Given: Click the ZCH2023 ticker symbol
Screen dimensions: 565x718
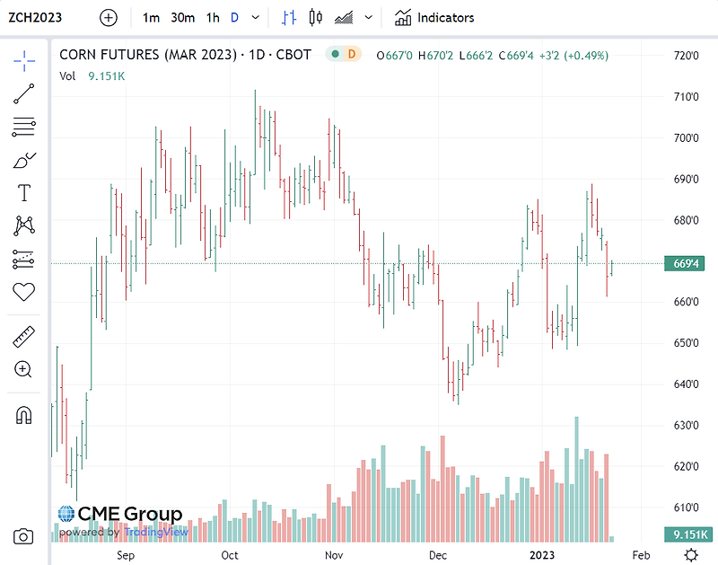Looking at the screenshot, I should click(x=36, y=17).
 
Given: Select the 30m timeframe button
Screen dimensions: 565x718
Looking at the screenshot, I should click(x=182, y=17).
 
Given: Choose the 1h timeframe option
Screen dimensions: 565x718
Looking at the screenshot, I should click(x=213, y=17).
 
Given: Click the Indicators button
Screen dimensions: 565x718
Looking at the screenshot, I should click(x=434, y=17).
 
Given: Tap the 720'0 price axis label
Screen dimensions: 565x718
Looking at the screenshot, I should click(x=687, y=56).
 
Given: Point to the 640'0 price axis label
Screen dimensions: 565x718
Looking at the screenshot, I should click(x=687, y=384).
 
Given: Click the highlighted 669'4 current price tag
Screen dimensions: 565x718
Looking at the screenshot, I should click(x=687, y=263).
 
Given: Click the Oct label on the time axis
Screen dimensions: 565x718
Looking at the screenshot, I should click(x=230, y=555).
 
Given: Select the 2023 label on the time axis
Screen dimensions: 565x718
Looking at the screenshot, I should click(x=541, y=555).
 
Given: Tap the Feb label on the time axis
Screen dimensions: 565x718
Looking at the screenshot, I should click(x=641, y=555).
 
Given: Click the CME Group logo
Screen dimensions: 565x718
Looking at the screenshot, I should click(x=120, y=515).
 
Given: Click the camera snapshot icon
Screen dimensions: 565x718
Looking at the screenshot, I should click(x=24, y=536).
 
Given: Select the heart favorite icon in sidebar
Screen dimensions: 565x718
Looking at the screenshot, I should click(x=24, y=292).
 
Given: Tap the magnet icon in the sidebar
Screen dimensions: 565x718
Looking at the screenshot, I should click(x=24, y=415).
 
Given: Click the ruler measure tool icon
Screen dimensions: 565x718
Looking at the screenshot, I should click(x=24, y=338).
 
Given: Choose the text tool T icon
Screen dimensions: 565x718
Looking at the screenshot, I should click(x=24, y=193).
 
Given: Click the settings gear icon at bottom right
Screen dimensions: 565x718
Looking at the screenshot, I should click(x=690, y=554).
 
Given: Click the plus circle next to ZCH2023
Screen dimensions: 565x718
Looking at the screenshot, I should click(x=108, y=17).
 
